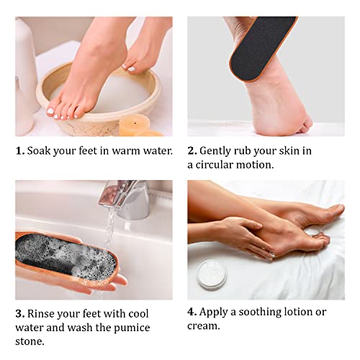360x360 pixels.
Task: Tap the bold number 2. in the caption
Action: tap(192, 151)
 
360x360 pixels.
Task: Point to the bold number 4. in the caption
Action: tap(192, 312)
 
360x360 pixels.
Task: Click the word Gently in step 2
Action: tap(217, 151)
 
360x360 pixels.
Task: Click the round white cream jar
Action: tap(212, 274)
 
